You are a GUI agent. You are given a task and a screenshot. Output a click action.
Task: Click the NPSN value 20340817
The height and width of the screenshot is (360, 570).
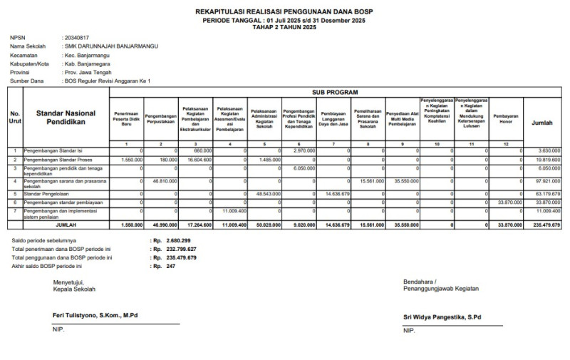[x=77, y=37]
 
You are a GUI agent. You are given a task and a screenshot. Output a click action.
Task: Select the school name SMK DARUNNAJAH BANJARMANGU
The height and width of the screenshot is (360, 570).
[x=111, y=46]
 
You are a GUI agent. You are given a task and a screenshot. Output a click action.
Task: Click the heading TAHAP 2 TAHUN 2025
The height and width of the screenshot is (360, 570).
[x=284, y=26]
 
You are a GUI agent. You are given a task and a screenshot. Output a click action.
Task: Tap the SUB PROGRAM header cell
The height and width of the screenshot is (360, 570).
[x=334, y=93]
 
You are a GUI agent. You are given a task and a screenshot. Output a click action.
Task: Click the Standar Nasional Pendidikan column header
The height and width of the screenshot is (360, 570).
[x=66, y=118]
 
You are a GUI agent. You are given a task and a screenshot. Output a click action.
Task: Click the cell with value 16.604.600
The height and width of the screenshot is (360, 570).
[x=197, y=160]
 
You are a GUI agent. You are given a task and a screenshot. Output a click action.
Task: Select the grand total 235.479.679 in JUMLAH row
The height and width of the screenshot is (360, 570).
[x=545, y=225]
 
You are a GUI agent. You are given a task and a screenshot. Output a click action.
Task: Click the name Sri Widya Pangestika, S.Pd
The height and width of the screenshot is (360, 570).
[x=442, y=316]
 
